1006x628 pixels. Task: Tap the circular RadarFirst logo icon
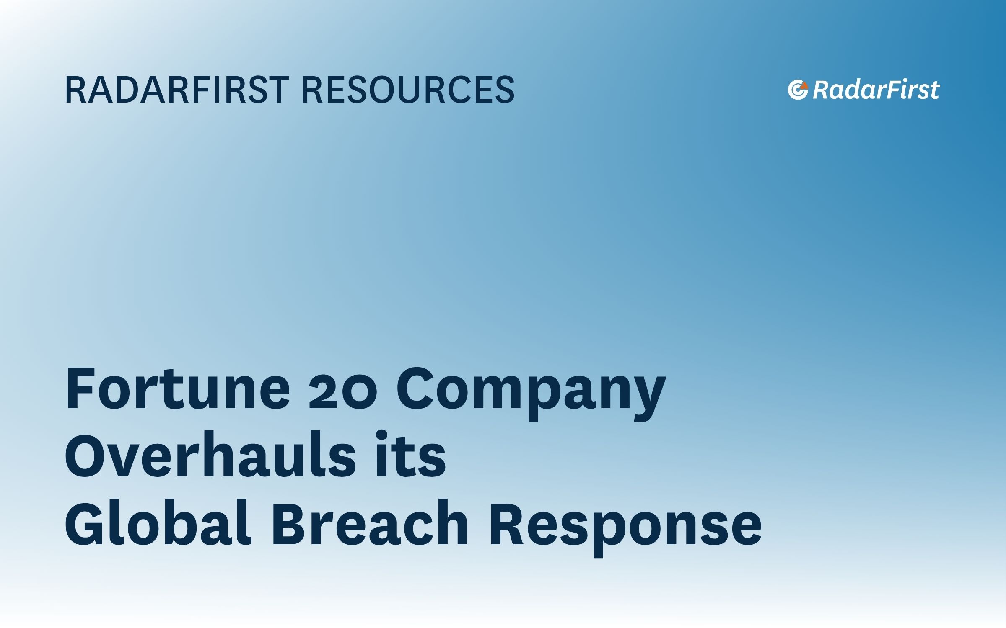click(798, 90)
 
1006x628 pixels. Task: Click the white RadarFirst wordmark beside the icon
click(876, 90)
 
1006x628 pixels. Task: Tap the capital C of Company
click(415, 388)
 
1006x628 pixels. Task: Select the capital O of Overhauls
click(86, 456)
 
